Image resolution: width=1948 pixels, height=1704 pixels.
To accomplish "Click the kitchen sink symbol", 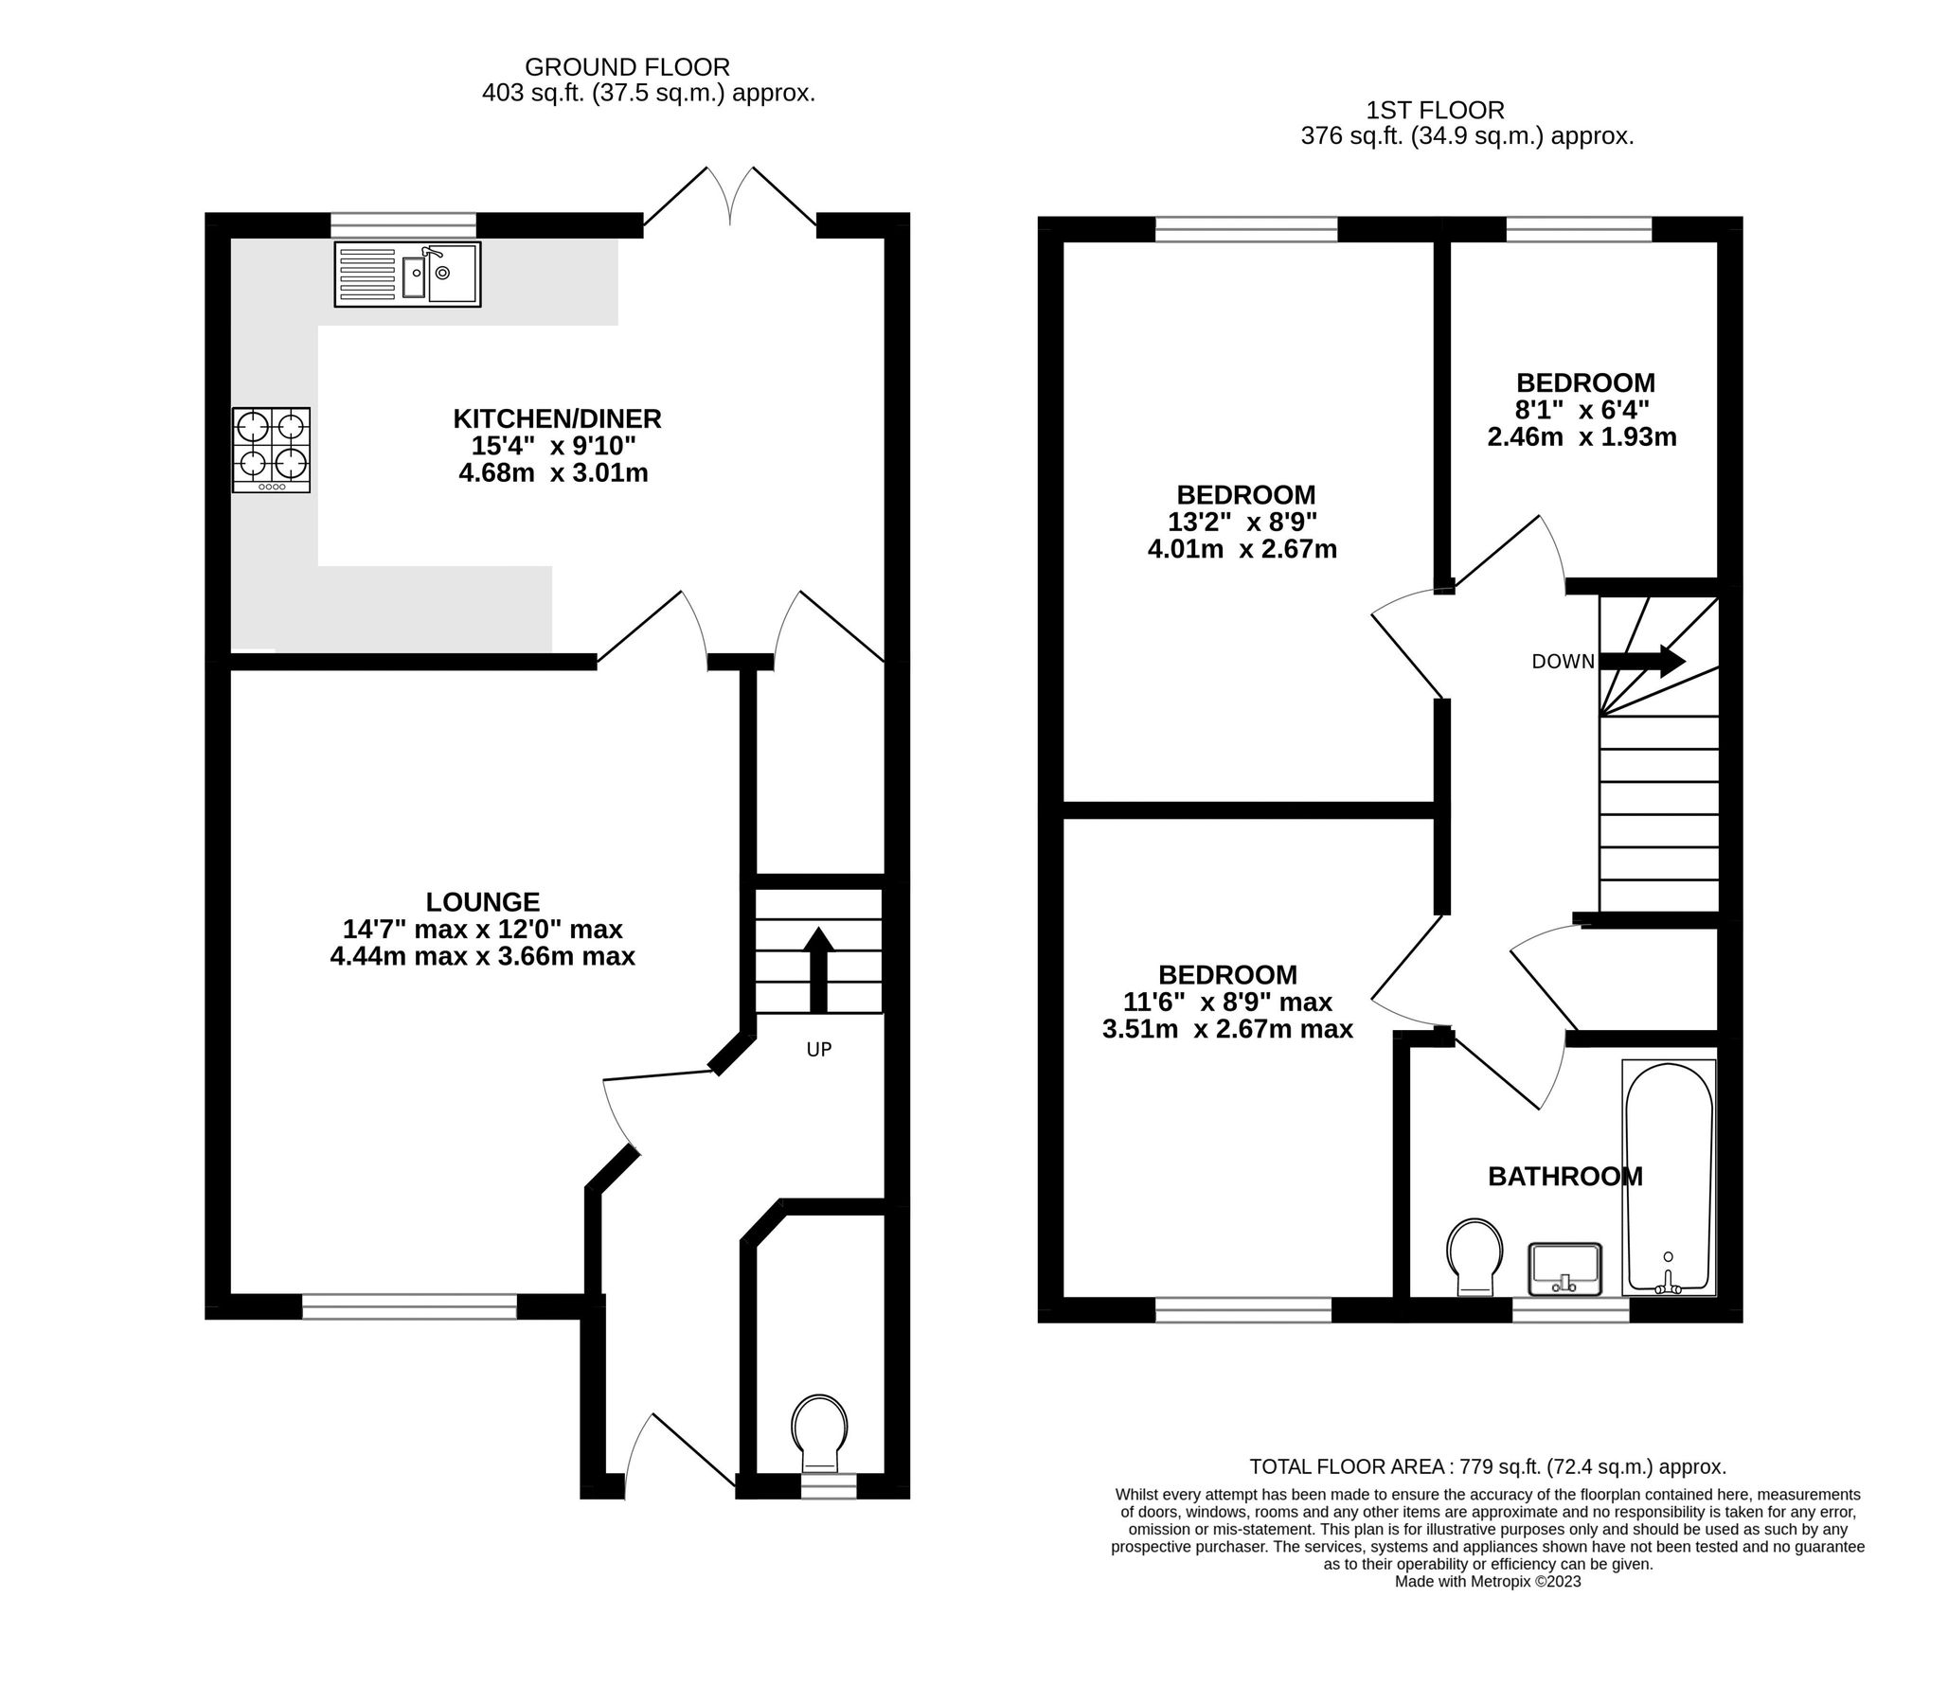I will tap(407, 274).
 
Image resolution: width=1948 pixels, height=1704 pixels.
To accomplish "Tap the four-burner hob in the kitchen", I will tap(271, 450).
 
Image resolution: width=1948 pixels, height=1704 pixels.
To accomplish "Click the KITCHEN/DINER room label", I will tap(557, 418).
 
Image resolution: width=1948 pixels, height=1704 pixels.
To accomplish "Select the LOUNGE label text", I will tap(482, 901).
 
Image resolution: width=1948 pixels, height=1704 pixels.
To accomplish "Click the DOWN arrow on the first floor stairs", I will tap(1644, 661).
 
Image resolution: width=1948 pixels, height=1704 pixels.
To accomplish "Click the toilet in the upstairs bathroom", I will tap(1474, 1255).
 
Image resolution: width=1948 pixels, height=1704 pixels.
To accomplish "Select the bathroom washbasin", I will tap(1565, 1269).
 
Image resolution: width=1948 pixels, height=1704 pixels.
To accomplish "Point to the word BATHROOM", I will tap(1564, 1177).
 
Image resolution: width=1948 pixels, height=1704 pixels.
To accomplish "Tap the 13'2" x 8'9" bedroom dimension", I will tap(1242, 522).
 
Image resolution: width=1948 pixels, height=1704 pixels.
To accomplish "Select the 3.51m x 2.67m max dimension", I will tap(1227, 1029).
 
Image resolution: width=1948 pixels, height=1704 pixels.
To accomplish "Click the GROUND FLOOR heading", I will tap(627, 67).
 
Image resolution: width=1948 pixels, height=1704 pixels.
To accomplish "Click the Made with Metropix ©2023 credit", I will tap(1487, 1581).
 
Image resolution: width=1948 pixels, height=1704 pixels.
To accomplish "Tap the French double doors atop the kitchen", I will tap(729, 202).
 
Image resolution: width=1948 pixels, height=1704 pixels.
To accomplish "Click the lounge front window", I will tap(409, 1306).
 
